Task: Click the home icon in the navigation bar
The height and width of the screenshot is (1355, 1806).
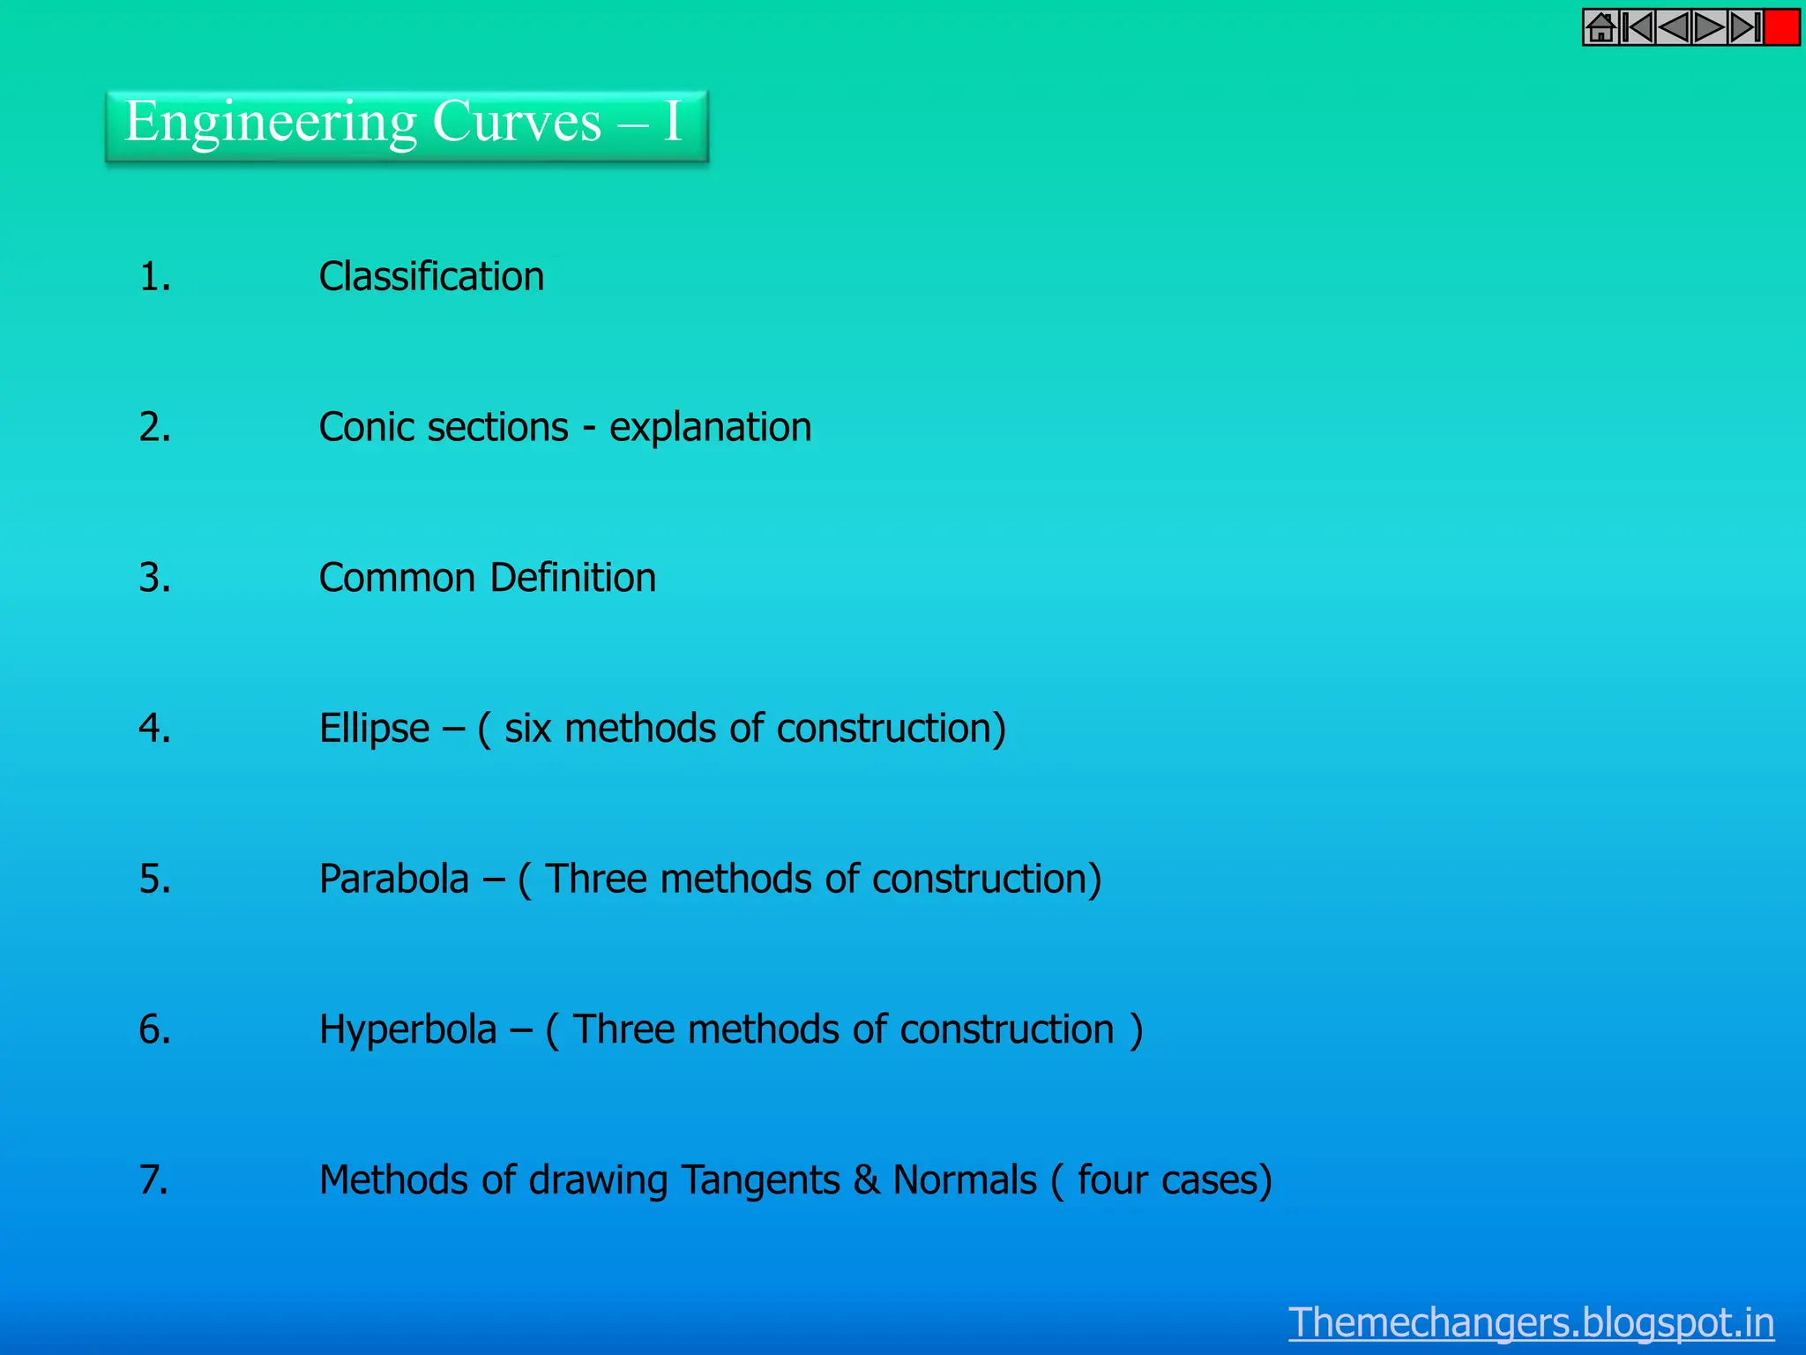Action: click(x=1601, y=28)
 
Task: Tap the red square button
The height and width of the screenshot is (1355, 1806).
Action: click(x=1781, y=28)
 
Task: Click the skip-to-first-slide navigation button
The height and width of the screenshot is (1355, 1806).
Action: click(x=1638, y=28)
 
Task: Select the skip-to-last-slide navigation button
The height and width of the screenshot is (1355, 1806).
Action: click(x=1746, y=28)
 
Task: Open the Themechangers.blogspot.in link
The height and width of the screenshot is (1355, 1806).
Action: click(x=1531, y=1322)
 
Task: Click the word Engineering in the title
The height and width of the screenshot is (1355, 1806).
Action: click(x=271, y=123)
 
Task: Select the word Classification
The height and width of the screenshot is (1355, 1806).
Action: click(x=431, y=277)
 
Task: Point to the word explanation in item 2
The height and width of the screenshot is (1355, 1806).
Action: click(x=710, y=428)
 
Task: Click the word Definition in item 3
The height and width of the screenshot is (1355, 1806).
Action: click(x=572, y=578)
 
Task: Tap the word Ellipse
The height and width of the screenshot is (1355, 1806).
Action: click(x=374, y=730)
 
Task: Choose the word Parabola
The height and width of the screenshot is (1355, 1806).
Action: click(x=393, y=880)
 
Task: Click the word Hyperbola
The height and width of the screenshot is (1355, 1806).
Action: click(x=407, y=1030)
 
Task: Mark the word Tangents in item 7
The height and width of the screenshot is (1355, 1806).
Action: click(x=760, y=1181)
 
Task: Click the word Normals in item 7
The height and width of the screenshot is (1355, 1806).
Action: click(x=965, y=1180)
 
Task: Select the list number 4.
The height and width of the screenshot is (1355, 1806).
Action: click(x=154, y=729)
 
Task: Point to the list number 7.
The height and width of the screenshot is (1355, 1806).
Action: click(x=153, y=1180)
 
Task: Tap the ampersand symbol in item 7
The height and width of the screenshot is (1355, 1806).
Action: click(x=866, y=1180)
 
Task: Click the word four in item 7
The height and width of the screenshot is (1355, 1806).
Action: click(x=1113, y=1180)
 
